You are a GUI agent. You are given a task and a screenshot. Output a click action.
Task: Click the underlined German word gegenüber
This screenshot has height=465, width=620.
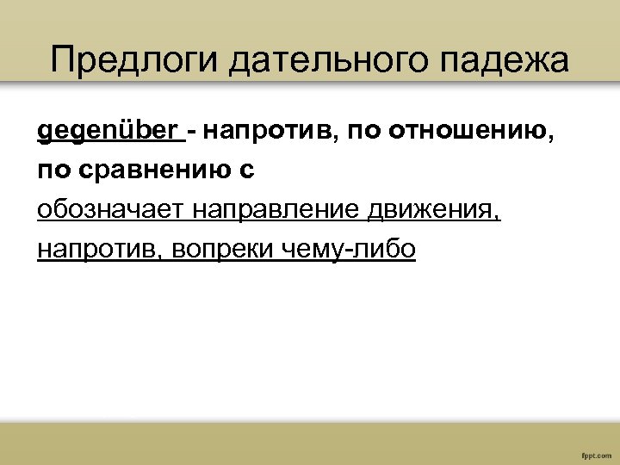(107, 132)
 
